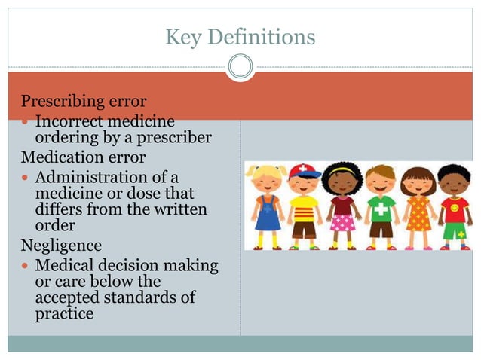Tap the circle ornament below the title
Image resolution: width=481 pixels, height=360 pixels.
click(240, 67)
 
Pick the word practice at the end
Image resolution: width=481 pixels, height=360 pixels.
click(65, 313)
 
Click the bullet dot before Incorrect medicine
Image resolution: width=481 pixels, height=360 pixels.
click(26, 122)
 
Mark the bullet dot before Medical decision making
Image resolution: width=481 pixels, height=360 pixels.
click(26, 267)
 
